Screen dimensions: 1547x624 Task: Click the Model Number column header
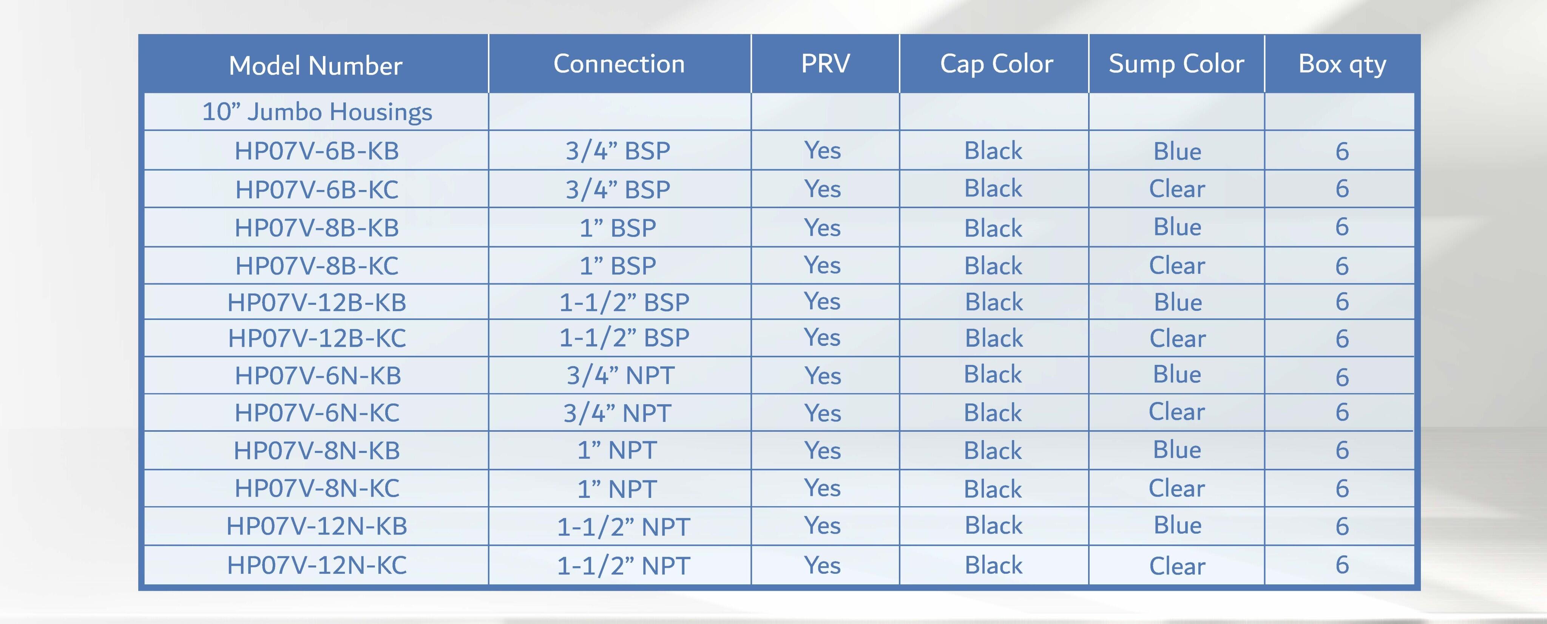pyautogui.click(x=315, y=65)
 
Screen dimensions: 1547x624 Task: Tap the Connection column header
pyautogui.click(x=619, y=64)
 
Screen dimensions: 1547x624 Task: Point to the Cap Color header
pyautogui.click(x=996, y=64)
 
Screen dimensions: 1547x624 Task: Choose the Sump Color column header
pyautogui.click(x=1176, y=64)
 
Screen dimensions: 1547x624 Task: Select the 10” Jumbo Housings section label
pyautogui.click(x=317, y=112)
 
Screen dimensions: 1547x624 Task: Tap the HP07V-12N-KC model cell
pyautogui.click(x=317, y=565)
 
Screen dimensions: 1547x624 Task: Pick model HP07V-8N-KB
pyautogui.click(x=317, y=450)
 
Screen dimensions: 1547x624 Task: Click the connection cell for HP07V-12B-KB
pyautogui.click(x=624, y=302)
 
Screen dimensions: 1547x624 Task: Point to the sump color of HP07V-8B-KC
pyautogui.click(x=1176, y=266)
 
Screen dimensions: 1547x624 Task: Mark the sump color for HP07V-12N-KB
pyautogui.click(x=1177, y=525)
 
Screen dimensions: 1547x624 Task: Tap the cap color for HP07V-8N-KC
pyautogui.click(x=993, y=489)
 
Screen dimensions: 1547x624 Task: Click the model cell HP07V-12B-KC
pyautogui.click(x=317, y=338)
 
